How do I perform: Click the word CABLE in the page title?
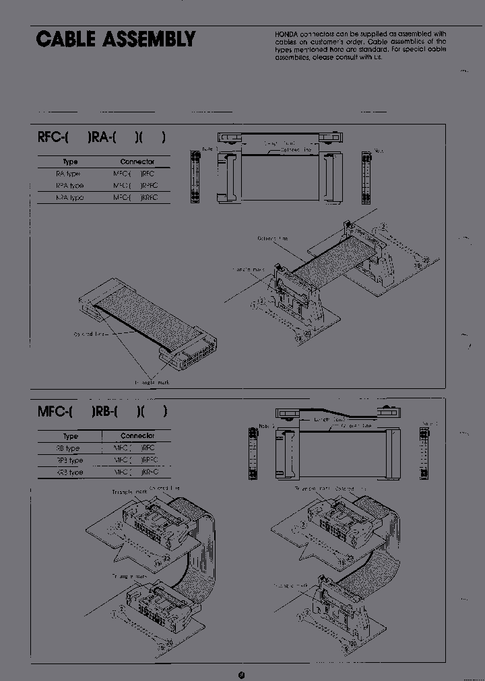[x=65, y=40]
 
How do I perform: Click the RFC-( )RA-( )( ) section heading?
[x=102, y=138]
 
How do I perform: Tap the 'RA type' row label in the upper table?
[x=68, y=174]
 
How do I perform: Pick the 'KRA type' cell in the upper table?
[x=70, y=198]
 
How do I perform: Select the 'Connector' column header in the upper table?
[x=137, y=162]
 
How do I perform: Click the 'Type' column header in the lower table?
[x=70, y=436]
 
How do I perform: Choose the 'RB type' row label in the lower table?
[x=68, y=448]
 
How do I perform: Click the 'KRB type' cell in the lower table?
[x=70, y=472]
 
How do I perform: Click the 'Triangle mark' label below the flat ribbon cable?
[x=152, y=382]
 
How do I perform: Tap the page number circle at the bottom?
[x=242, y=657]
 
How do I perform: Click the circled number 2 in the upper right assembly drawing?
[x=383, y=227]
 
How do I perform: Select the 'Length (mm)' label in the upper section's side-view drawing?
[x=280, y=143]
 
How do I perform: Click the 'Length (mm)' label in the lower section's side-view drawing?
[x=330, y=419]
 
